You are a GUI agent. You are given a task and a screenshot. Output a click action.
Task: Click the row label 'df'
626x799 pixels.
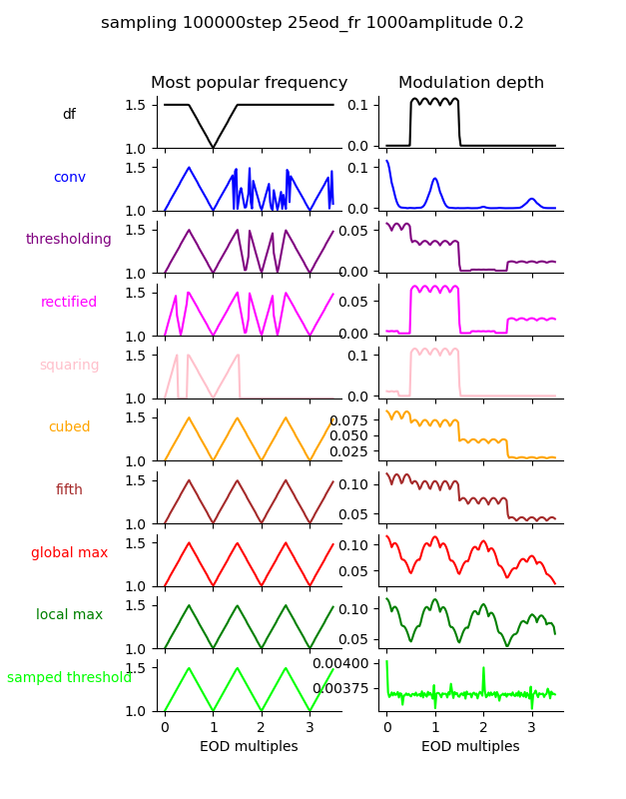[x=69, y=115]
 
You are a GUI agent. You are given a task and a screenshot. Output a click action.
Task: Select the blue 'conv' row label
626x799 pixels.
[x=69, y=178]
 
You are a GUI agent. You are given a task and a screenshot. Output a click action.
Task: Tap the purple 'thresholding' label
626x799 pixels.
[x=69, y=240]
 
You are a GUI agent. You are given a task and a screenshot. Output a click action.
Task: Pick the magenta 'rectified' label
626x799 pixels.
[x=69, y=303]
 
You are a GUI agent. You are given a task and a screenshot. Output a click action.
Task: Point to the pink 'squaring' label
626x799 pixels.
[x=69, y=366]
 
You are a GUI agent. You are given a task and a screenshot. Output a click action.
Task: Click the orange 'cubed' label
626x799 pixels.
[x=69, y=427]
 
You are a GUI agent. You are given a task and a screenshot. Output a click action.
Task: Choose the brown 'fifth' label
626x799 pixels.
[x=69, y=490]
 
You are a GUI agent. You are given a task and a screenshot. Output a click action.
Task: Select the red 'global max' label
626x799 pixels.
[x=69, y=553]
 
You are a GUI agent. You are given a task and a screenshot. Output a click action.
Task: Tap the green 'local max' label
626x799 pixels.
[x=69, y=615]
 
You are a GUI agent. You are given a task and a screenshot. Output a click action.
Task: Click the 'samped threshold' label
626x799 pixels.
[x=69, y=678]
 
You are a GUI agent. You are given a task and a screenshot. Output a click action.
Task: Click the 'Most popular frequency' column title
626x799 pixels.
[x=249, y=83]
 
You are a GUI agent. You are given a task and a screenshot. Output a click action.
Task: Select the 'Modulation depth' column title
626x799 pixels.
[x=471, y=83]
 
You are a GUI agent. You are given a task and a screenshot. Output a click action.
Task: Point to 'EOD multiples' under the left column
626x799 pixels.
[x=249, y=747]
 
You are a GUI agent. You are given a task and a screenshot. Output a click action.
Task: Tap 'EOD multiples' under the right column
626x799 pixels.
[x=470, y=747]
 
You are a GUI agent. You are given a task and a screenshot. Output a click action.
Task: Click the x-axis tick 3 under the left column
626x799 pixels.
[x=310, y=727]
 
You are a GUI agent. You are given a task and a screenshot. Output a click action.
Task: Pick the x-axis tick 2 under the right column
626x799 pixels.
[x=483, y=727]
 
